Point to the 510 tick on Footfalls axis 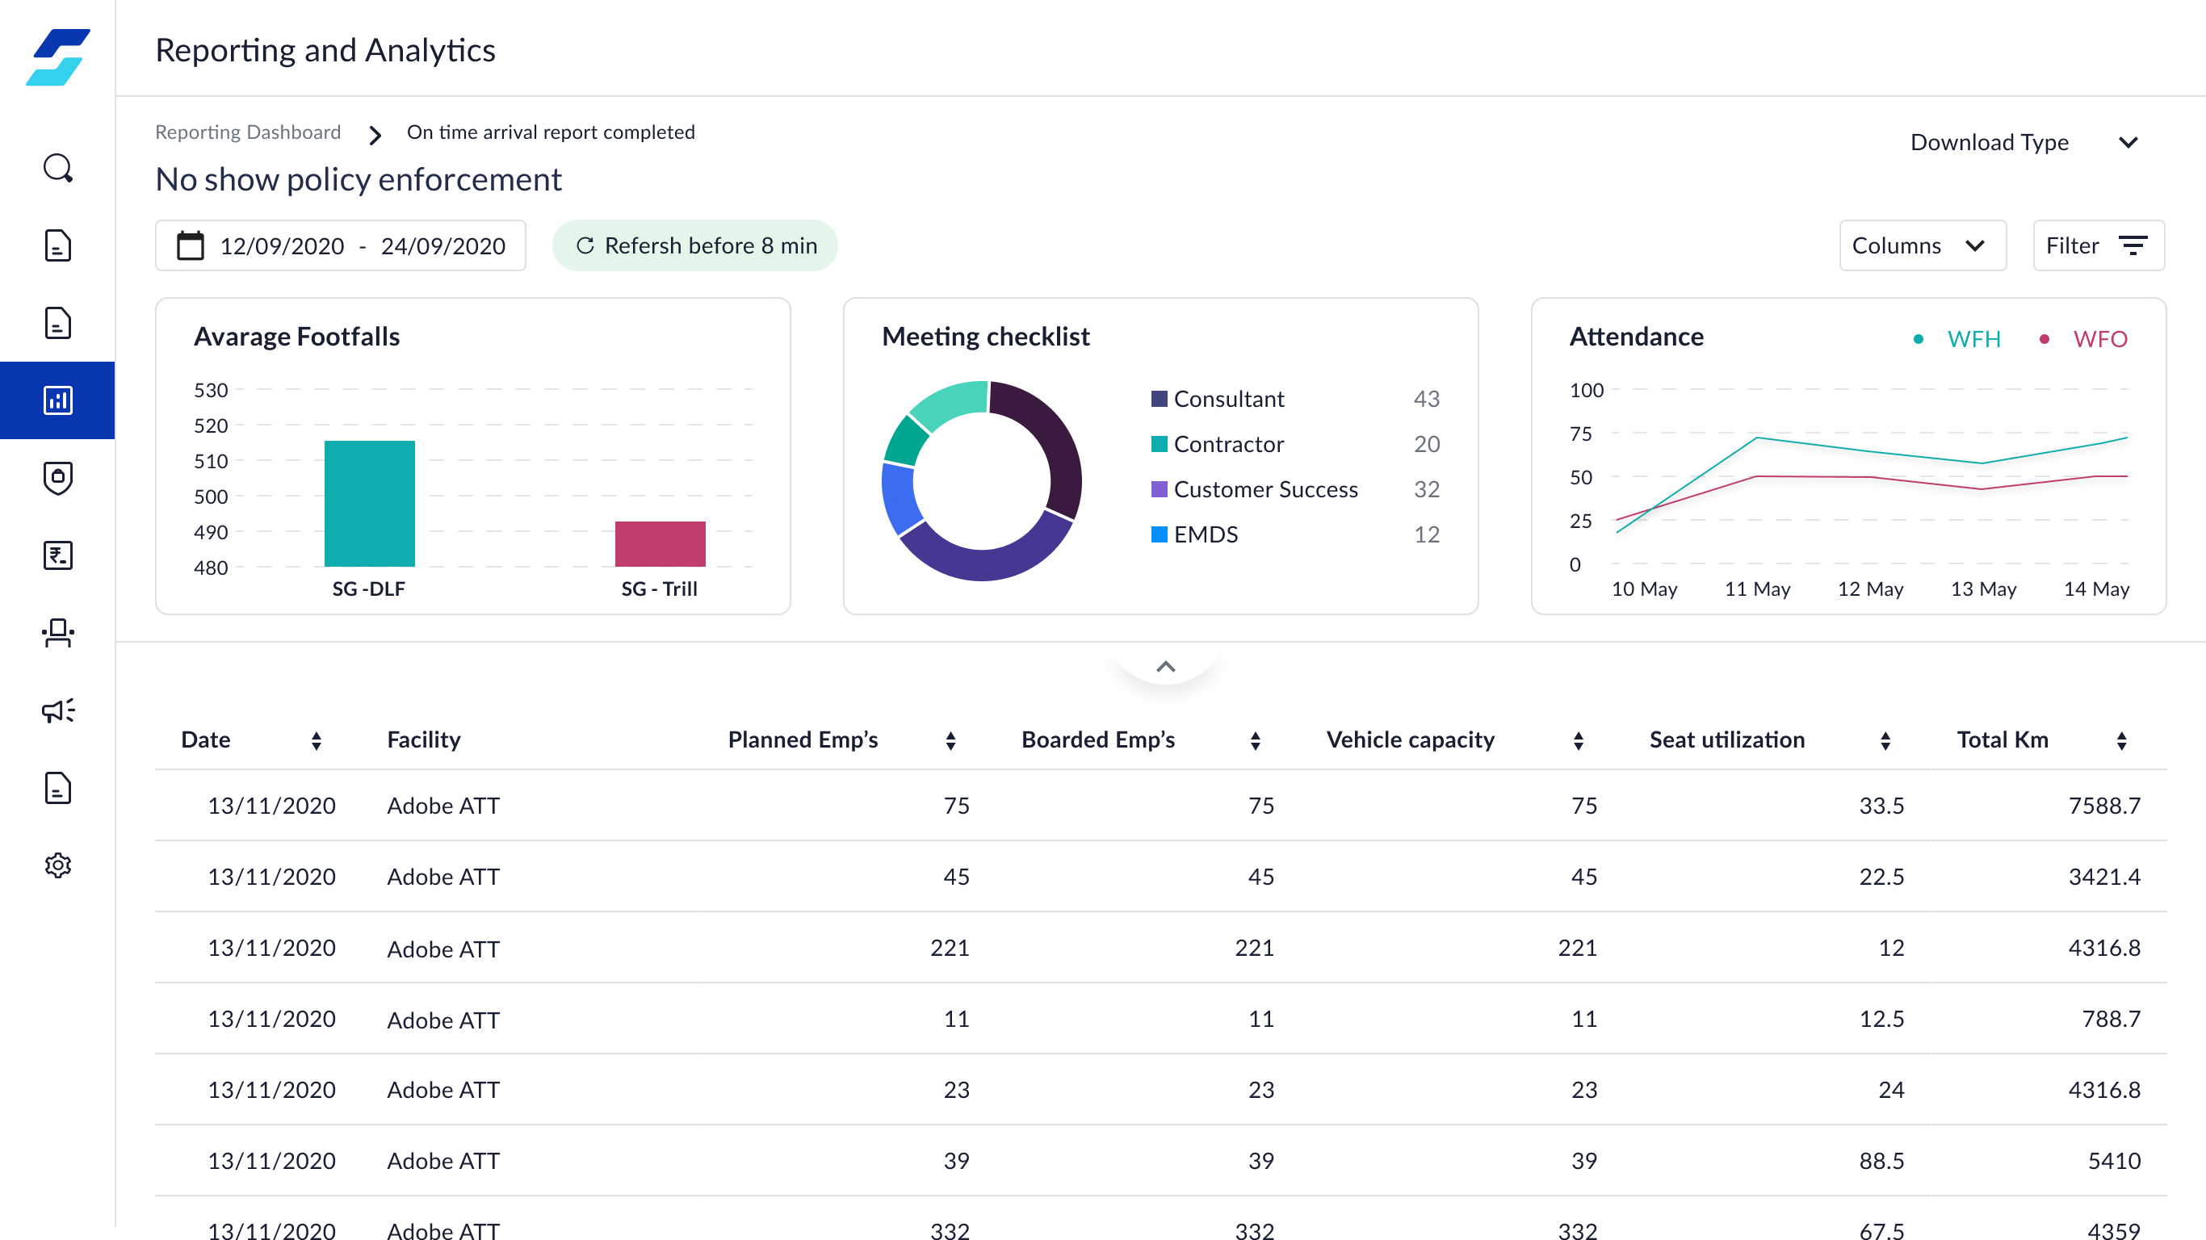point(211,461)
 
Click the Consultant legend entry point(1227,399)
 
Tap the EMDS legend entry point(1204,534)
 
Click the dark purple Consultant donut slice point(1046,446)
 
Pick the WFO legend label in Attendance point(2099,339)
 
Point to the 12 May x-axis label point(1869,589)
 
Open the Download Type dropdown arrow point(2128,142)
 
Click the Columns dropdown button point(1921,245)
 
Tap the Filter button point(2097,245)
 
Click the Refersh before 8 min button point(694,245)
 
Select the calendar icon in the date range point(190,245)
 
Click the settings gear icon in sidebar point(57,865)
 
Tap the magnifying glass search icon point(57,168)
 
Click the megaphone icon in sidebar point(57,710)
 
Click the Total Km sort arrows point(2121,741)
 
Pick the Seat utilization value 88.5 point(1881,1160)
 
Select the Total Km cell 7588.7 point(2103,805)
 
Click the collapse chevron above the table point(1164,667)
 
